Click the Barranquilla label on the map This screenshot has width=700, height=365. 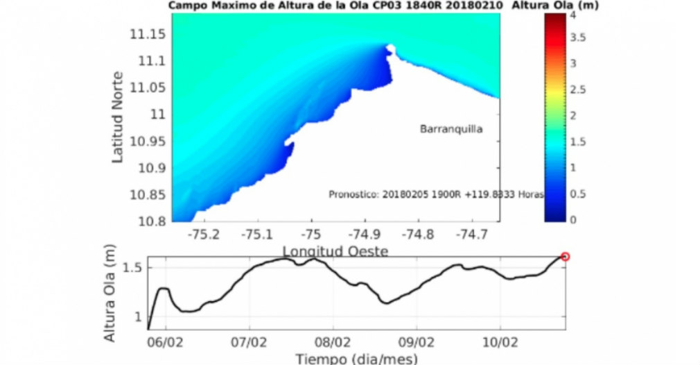coord(451,128)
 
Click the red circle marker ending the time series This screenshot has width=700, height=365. coord(565,257)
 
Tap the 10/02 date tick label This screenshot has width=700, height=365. coord(500,342)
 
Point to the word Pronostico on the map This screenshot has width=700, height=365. coord(352,195)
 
